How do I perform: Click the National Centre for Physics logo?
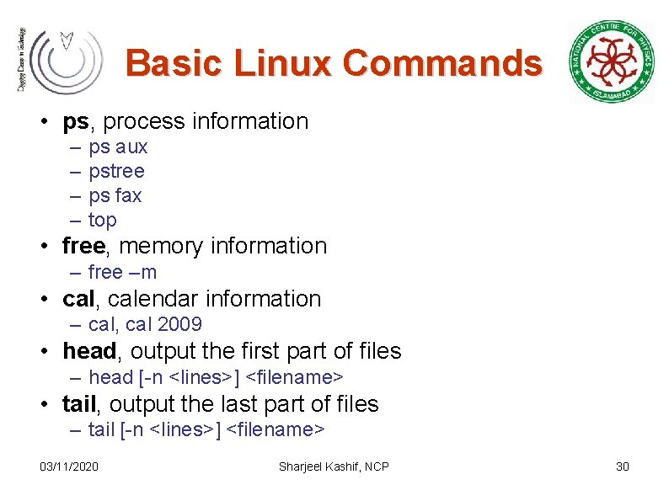click(x=612, y=61)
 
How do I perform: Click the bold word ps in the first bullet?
click(x=75, y=121)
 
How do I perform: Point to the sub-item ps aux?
click(x=118, y=147)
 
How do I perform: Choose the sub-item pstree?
click(x=116, y=171)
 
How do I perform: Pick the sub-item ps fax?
click(x=115, y=195)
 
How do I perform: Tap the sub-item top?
click(x=102, y=220)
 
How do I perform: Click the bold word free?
click(x=84, y=246)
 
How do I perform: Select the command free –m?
click(x=122, y=272)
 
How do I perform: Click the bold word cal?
click(x=79, y=299)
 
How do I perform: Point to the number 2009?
click(x=179, y=324)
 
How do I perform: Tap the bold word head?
click(x=89, y=351)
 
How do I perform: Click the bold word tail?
click(x=79, y=404)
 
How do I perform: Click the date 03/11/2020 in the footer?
click(x=69, y=466)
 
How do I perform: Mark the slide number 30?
click(x=623, y=466)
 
